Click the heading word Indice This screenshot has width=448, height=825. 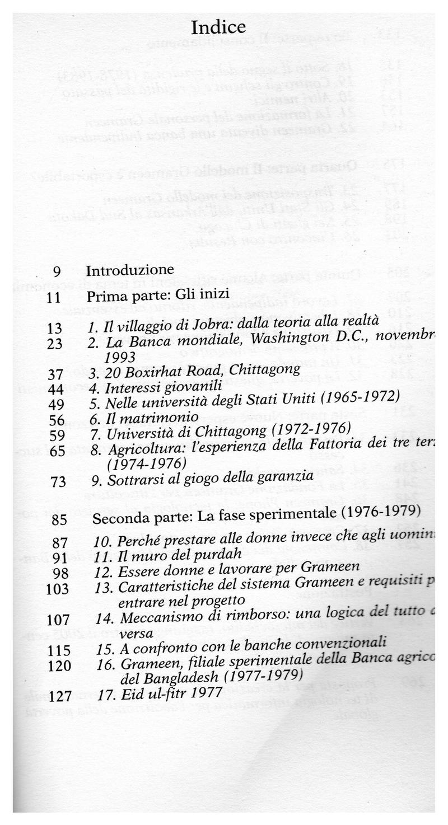218,27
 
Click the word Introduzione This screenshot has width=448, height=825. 130,270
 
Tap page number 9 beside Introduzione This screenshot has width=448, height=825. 57,271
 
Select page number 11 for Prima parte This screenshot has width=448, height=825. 54,297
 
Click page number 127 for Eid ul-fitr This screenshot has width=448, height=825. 59,696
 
